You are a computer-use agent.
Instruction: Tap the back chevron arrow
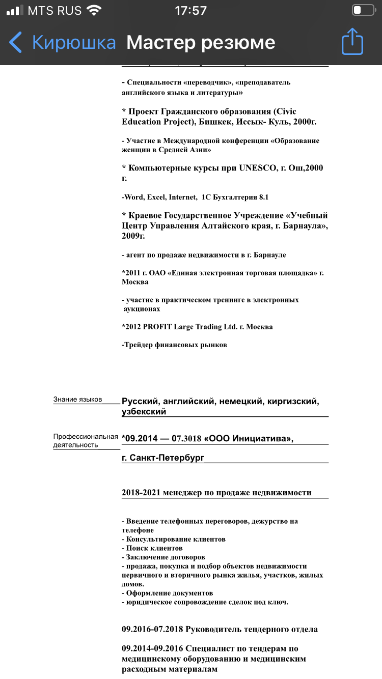tap(16, 42)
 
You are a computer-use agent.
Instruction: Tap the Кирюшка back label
tap(74, 42)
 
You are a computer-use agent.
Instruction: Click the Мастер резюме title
tap(201, 42)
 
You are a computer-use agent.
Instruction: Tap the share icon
tap(352, 41)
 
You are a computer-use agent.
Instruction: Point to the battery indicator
tap(363, 10)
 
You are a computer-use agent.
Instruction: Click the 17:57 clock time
tap(190, 10)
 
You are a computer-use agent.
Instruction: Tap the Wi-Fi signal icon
tap(94, 10)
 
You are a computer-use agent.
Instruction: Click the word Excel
tap(157, 197)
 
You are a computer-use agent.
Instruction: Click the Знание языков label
tap(78, 400)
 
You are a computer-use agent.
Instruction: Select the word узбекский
tap(144, 412)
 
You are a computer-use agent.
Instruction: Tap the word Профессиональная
tap(86, 436)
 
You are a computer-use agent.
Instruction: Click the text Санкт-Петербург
tap(167, 458)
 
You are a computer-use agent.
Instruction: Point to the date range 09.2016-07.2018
tap(152, 630)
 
